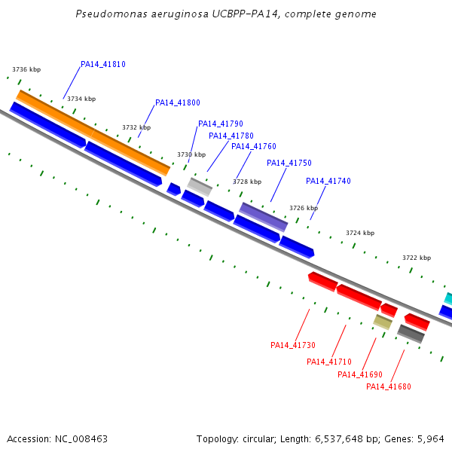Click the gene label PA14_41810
point(103,64)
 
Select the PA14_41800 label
point(178,102)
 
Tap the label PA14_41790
point(221,124)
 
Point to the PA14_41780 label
point(231,136)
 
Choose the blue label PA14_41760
point(254,146)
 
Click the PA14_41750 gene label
point(289,163)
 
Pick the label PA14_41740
point(328,181)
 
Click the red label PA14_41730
point(293,345)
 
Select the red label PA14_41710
point(329,362)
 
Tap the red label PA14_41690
point(360,374)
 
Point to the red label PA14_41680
point(389,386)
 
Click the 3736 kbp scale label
point(26,69)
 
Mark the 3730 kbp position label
point(191,154)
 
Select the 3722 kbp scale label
point(417,258)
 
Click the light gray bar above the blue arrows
point(200,187)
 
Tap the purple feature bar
point(264,217)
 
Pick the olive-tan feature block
point(383,322)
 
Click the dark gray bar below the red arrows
point(411,334)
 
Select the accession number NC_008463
point(81,439)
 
